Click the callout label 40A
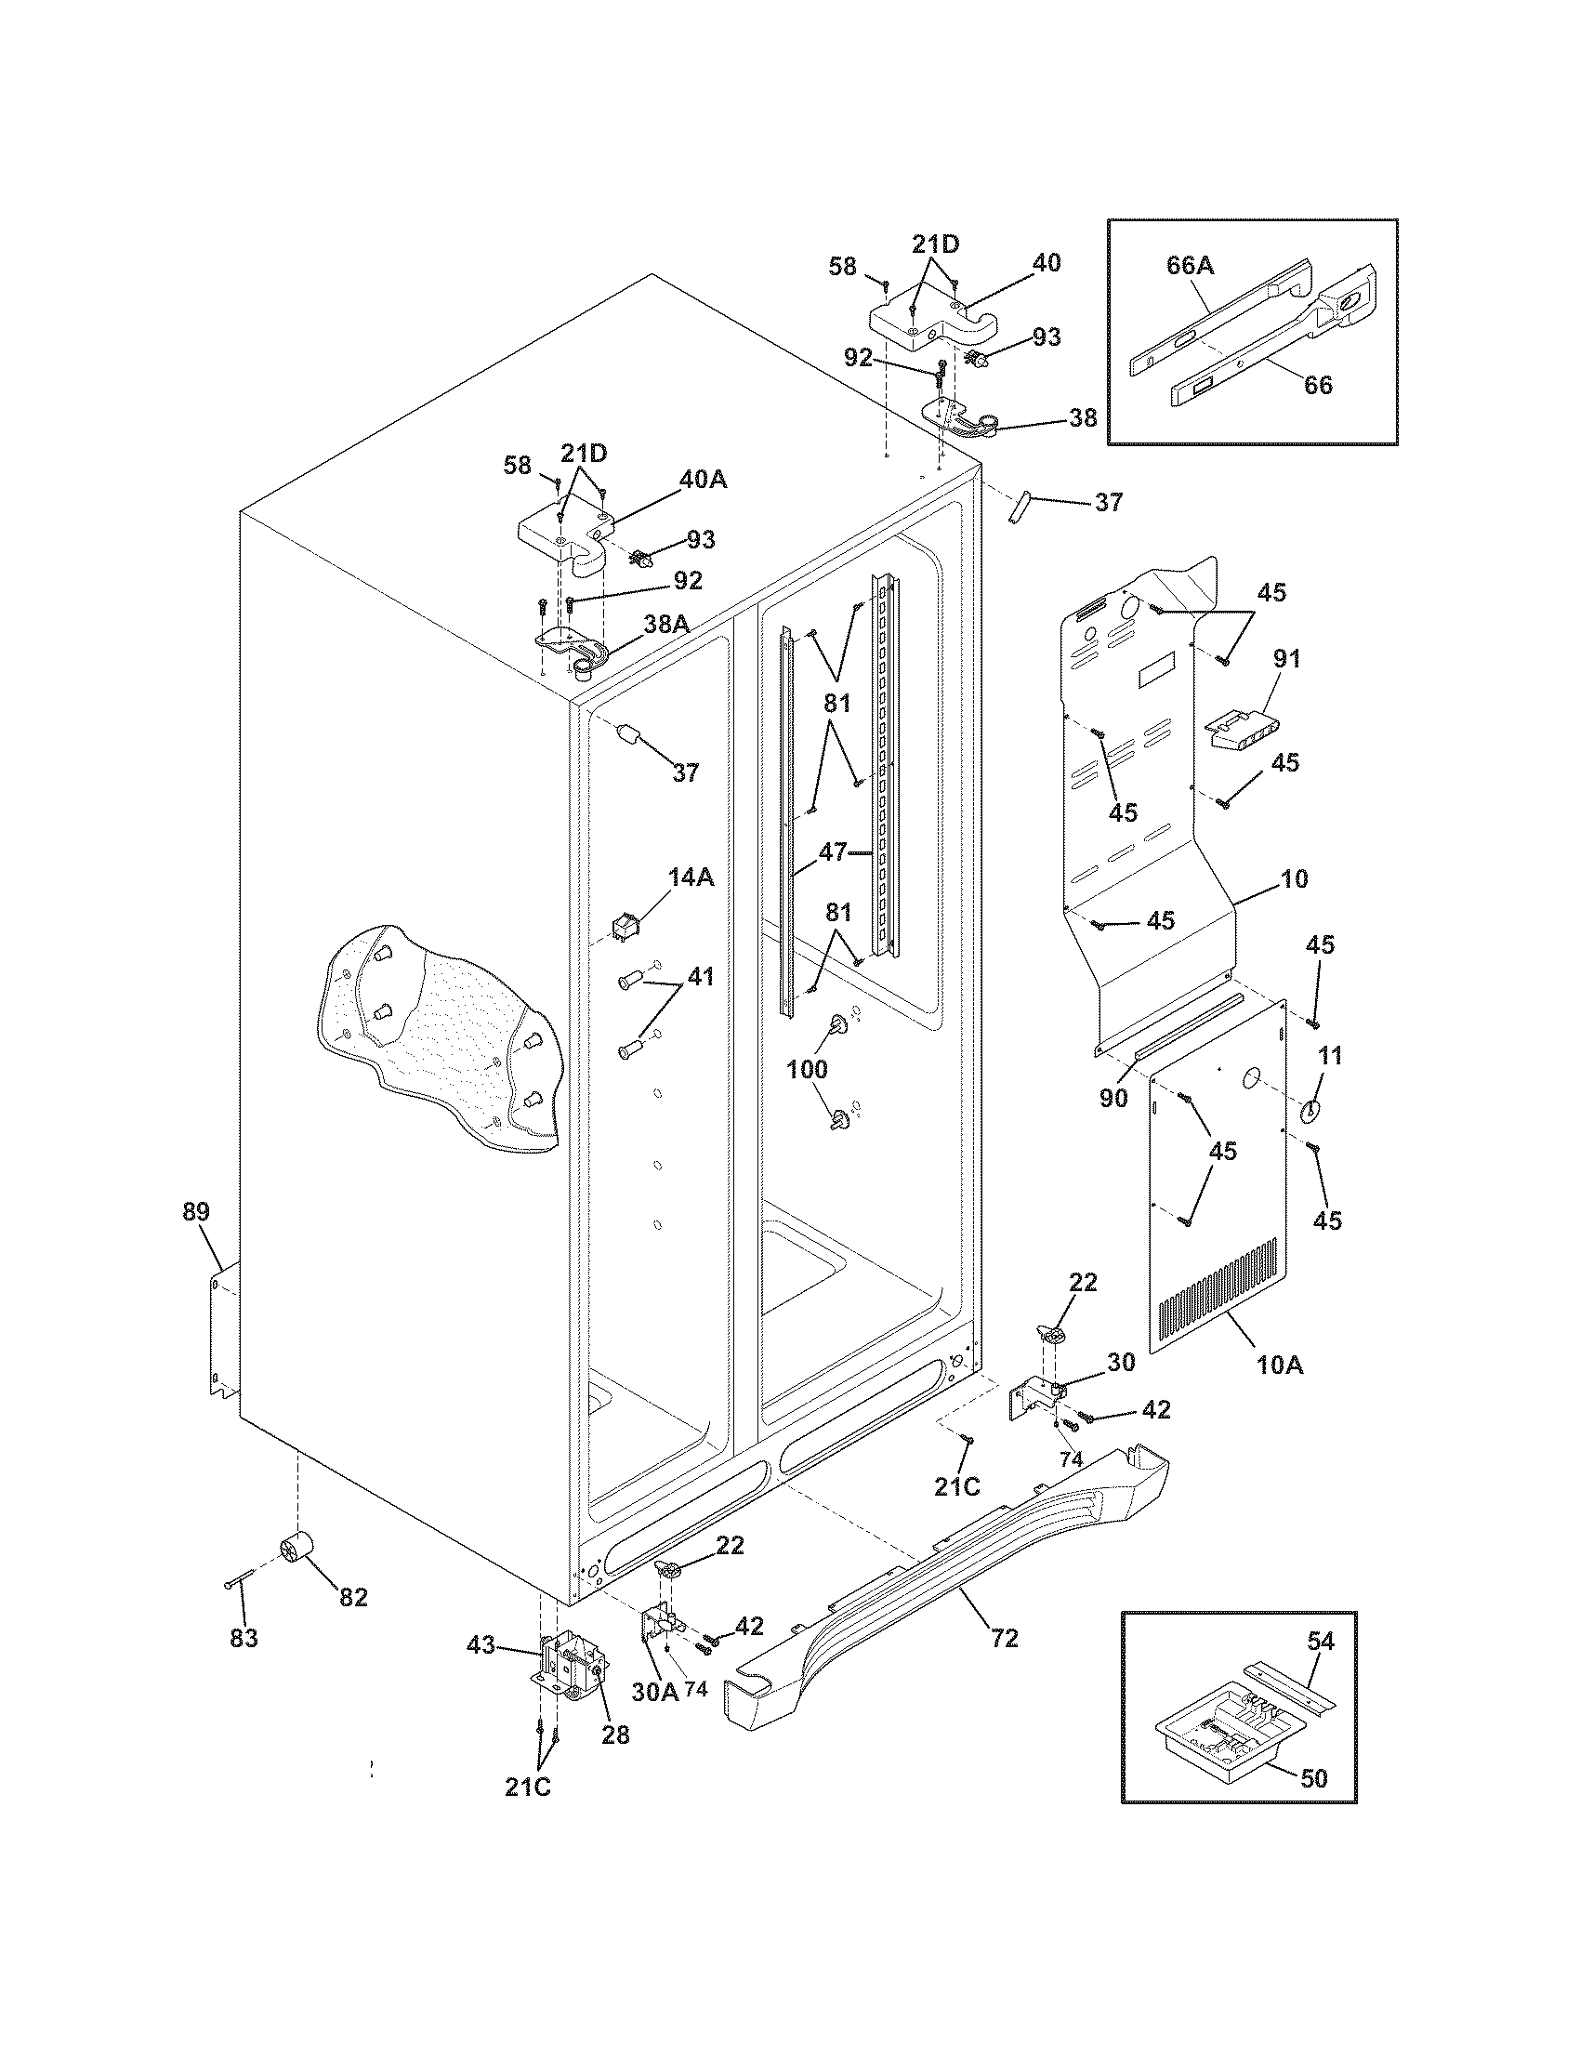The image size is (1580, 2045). [704, 480]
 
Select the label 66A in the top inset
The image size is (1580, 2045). [1190, 266]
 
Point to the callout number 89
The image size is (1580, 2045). [195, 1211]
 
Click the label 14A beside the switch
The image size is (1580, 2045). [691, 877]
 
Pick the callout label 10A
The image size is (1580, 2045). [1280, 1366]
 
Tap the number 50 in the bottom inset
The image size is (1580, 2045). [1314, 1777]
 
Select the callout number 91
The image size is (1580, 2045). [1287, 658]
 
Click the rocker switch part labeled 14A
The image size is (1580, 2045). [625, 927]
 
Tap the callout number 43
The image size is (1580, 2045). [481, 1643]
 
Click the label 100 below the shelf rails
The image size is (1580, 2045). [807, 1068]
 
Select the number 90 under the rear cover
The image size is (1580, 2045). [1113, 1098]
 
